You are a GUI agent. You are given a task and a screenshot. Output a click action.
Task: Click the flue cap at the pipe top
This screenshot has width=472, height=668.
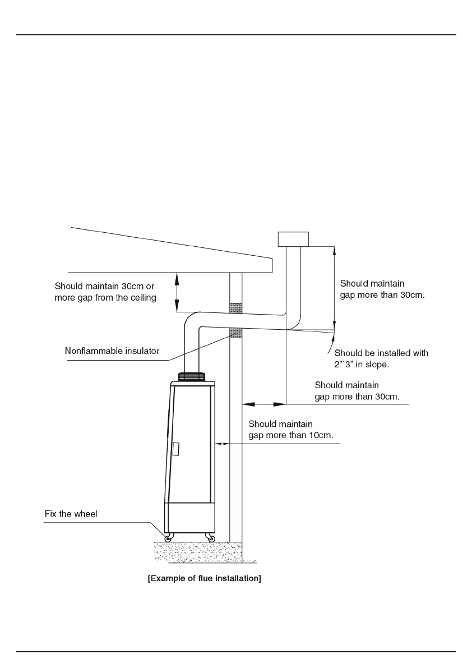tap(293, 239)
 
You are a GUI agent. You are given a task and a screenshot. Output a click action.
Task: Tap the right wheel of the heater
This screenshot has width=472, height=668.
tap(210, 538)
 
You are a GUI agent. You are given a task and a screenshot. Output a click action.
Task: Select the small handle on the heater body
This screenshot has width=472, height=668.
tap(176, 449)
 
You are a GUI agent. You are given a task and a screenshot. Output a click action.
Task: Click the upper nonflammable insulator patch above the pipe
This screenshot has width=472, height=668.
tap(236, 307)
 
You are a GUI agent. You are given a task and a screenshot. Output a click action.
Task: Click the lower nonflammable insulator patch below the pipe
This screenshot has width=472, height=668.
tap(236, 333)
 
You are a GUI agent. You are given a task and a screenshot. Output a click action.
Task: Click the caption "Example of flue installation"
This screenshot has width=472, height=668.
tap(204, 578)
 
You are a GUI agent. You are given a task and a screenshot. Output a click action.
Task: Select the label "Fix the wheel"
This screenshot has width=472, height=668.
tap(71, 514)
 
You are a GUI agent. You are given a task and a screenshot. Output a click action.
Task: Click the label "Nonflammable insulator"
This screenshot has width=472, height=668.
tap(112, 351)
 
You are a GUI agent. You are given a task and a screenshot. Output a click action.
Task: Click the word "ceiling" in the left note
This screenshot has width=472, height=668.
tap(143, 298)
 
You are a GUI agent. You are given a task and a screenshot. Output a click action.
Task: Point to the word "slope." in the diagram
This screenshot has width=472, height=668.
tap(377, 365)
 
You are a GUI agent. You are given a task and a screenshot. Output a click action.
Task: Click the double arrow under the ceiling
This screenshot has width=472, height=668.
tap(177, 292)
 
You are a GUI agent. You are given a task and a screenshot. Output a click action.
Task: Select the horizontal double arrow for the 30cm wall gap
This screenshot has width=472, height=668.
tap(264, 403)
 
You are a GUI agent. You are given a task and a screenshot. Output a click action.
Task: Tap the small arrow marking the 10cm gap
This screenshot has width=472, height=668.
tap(222, 444)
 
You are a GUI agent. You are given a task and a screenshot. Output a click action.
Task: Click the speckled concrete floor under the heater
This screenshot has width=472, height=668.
tap(198, 552)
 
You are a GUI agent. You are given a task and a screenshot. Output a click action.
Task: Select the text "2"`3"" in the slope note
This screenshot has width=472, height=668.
tap(344, 365)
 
